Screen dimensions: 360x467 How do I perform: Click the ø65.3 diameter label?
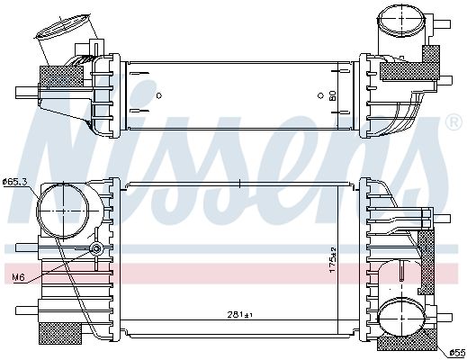point(15,182)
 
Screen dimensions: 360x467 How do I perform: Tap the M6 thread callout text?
point(16,277)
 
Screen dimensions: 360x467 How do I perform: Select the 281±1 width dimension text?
point(240,315)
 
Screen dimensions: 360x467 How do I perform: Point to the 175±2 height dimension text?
point(332,262)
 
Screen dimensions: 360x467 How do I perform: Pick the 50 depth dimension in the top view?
point(332,94)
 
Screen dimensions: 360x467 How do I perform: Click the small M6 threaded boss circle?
point(96,248)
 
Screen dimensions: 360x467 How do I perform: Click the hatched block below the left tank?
point(54,332)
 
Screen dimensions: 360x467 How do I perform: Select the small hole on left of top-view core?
point(158,94)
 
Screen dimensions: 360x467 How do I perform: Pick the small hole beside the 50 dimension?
point(320,94)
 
